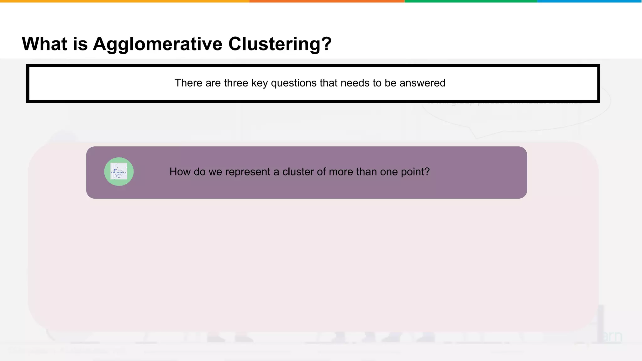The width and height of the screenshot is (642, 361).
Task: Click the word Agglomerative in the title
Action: [158, 44]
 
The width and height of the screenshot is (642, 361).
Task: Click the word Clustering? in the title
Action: [280, 44]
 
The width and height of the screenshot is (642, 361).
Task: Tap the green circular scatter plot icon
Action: [119, 172]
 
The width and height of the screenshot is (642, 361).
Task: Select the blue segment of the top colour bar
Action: [589, 1]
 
